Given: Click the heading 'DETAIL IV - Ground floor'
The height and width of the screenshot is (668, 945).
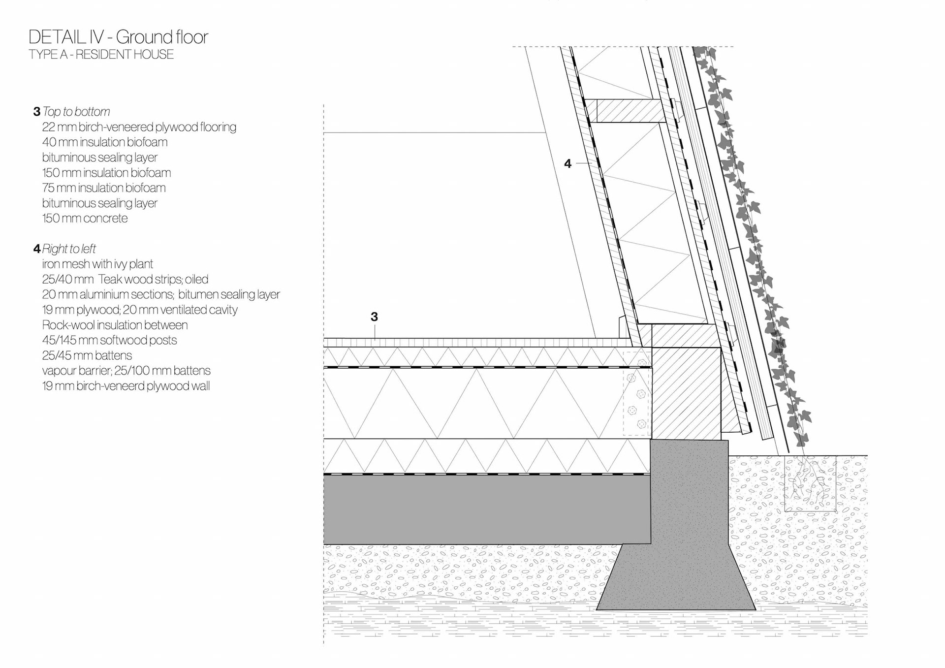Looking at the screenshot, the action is click(x=118, y=37).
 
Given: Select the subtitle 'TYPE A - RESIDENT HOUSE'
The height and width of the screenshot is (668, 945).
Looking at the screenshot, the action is click(x=101, y=55).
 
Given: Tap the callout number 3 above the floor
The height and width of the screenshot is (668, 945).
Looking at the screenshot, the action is click(x=374, y=317).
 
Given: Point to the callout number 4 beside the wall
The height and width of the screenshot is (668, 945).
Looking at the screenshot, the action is click(x=567, y=164).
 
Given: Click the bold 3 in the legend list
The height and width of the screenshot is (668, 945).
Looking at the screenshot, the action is click(x=36, y=112).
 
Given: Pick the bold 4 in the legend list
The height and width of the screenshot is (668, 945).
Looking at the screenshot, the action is click(x=36, y=249).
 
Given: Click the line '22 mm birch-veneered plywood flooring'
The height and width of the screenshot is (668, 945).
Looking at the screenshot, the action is click(x=139, y=127).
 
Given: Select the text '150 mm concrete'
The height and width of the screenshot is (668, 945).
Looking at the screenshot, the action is click(x=85, y=219).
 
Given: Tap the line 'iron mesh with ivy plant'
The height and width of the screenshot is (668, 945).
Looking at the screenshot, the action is click(x=97, y=264).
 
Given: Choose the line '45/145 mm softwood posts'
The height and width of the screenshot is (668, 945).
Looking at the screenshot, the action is click(x=109, y=340).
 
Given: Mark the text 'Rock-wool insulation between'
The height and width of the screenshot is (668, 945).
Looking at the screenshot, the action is click(x=115, y=325).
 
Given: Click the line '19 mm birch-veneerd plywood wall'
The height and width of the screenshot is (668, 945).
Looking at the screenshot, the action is click(x=126, y=386).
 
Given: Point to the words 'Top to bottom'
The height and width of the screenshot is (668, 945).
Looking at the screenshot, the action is click(x=76, y=112).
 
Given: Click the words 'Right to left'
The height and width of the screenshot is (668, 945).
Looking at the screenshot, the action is click(x=69, y=249).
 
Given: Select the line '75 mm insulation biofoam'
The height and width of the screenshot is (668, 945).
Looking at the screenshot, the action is click(x=103, y=188).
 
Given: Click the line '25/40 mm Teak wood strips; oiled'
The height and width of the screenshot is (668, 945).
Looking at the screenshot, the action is click(x=125, y=280).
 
